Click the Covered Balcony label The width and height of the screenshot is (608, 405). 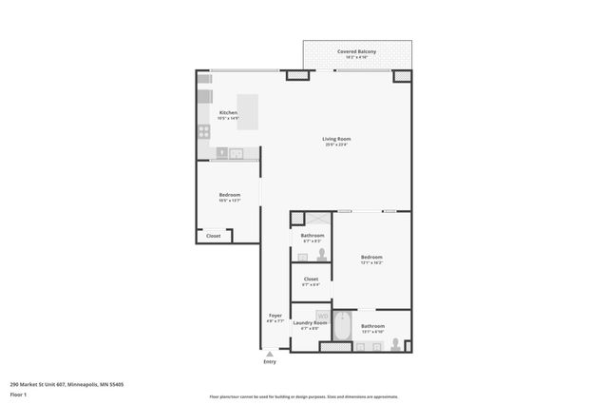click(x=357, y=50)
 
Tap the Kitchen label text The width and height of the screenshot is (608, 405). click(x=228, y=112)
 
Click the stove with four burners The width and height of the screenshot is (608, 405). click(x=203, y=132)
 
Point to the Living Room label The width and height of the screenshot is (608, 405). click(x=336, y=139)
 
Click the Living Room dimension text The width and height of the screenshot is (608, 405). click(x=336, y=145)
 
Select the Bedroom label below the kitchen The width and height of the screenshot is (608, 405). click(x=229, y=194)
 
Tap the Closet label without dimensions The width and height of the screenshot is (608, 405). click(x=213, y=236)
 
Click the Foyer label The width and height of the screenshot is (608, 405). click(x=275, y=315)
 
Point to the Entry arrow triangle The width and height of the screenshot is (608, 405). click(x=270, y=354)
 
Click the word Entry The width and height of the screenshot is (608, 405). click(x=270, y=362)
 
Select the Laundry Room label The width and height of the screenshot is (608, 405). click(x=310, y=322)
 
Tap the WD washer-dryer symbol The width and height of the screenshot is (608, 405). click(x=322, y=315)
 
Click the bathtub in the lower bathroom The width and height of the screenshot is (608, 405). click(x=342, y=330)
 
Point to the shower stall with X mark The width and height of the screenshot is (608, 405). click(x=296, y=219)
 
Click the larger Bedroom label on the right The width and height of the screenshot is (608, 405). click(x=371, y=257)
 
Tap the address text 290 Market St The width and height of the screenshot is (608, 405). click(x=66, y=384)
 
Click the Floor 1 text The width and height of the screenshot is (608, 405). click(x=18, y=394)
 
